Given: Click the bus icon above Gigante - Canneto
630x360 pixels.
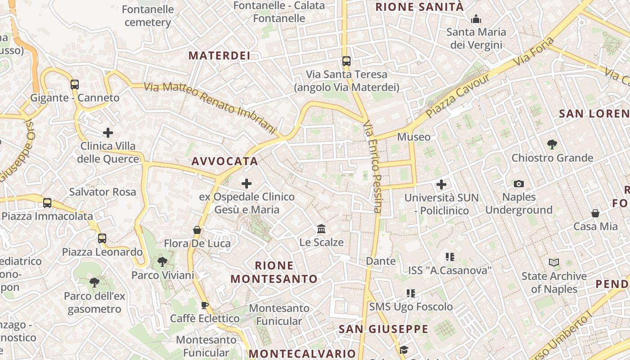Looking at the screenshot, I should tap(75, 84).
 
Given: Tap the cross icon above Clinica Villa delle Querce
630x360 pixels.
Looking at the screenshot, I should tap(108, 133).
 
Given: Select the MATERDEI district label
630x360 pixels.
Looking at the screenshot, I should tap(219, 55).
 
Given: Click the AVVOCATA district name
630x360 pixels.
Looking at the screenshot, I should tap(225, 161).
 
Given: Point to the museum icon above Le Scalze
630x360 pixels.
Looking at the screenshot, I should tap(321, 229).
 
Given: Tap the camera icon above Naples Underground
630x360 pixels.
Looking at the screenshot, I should tap(519, 184).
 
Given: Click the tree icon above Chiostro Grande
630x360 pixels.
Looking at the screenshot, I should tap(552, 144).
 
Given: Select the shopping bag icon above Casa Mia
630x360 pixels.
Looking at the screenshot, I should tap(595, 213).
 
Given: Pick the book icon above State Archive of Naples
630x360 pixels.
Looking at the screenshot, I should tap(554, 262).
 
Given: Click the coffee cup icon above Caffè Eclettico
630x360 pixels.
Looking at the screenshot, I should tap(205, 305).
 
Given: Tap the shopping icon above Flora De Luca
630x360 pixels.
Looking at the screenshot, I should tap(197, 230).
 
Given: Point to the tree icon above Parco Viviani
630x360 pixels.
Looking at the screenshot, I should tap(162, 261).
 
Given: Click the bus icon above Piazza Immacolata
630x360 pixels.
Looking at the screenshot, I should tap(47, 202).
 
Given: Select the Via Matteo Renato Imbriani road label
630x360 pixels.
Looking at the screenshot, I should tap(210, 108).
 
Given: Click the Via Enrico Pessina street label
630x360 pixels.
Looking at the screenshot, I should tap(373, 166).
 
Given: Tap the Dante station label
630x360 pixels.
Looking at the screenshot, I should tap(381, 261).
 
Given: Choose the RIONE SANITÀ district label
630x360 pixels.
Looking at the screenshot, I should tap(419, 7).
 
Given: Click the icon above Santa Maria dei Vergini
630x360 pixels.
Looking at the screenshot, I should tap(476, 19).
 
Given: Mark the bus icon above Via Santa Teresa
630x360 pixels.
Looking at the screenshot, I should tap(346, 61).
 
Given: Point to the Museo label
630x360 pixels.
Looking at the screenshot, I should tap(414, 137).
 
